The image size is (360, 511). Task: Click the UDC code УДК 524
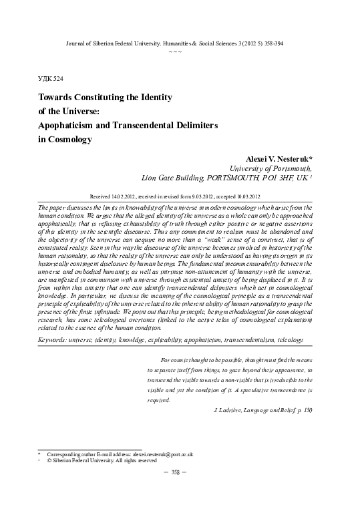click(51, 78)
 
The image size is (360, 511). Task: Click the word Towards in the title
click(56, 97)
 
